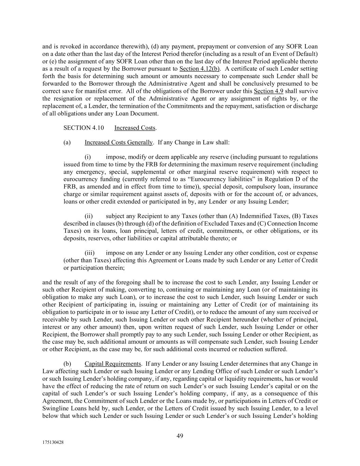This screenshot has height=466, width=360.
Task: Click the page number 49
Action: pos(180,436)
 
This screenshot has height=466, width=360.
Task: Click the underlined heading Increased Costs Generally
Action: pos(118,142)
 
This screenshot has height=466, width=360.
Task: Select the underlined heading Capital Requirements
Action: pos(113,364)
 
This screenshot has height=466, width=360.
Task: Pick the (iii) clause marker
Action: pos(89,253)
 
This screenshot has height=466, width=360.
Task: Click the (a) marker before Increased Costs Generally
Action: pos(67,142)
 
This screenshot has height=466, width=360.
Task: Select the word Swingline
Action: pos(55,408)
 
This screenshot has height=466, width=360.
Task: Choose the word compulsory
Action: pos(240,187)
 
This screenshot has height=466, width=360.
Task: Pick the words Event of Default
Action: pos(299,54)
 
